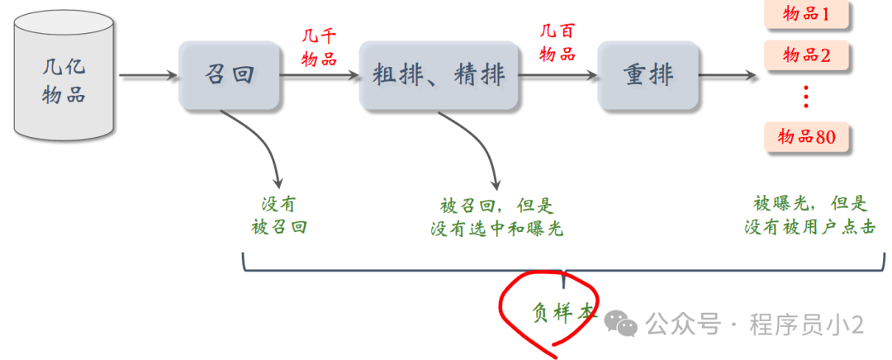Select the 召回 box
[x=229, y=76]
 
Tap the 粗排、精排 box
[x=439, y=76]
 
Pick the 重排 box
[x=648, y=76]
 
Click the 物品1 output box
[x=806, y=14]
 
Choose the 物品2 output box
[x=806, y=56]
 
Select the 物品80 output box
[x=806, y=137]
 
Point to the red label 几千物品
[x=319, y=48]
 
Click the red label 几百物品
[x=557, y=44]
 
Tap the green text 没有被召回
[x=278, y=216]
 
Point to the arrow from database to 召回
[x=149, y=77]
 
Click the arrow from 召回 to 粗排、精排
[x=320, y=77]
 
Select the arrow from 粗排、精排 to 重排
[x=557, y=77]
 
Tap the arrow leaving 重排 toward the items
[x=727, y=77]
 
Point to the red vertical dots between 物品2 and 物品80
[x=806, y=97]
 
